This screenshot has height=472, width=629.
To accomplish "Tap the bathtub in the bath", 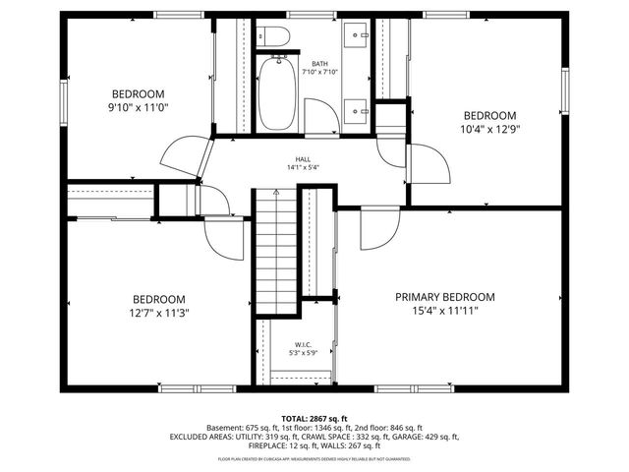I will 278,92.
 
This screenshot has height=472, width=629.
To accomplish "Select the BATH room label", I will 319,62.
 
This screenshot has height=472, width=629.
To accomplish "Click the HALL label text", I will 304,159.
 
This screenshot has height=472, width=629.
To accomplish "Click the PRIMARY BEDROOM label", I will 444,297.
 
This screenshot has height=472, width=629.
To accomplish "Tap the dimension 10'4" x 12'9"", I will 488,127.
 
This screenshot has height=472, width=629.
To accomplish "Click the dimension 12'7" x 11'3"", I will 158,313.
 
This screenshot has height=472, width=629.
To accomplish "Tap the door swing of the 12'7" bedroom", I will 223,239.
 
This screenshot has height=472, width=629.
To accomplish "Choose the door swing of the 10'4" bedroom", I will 425,159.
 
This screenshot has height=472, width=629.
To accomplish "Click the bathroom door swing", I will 321,117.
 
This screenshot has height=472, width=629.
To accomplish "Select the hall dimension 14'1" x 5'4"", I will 304,168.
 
